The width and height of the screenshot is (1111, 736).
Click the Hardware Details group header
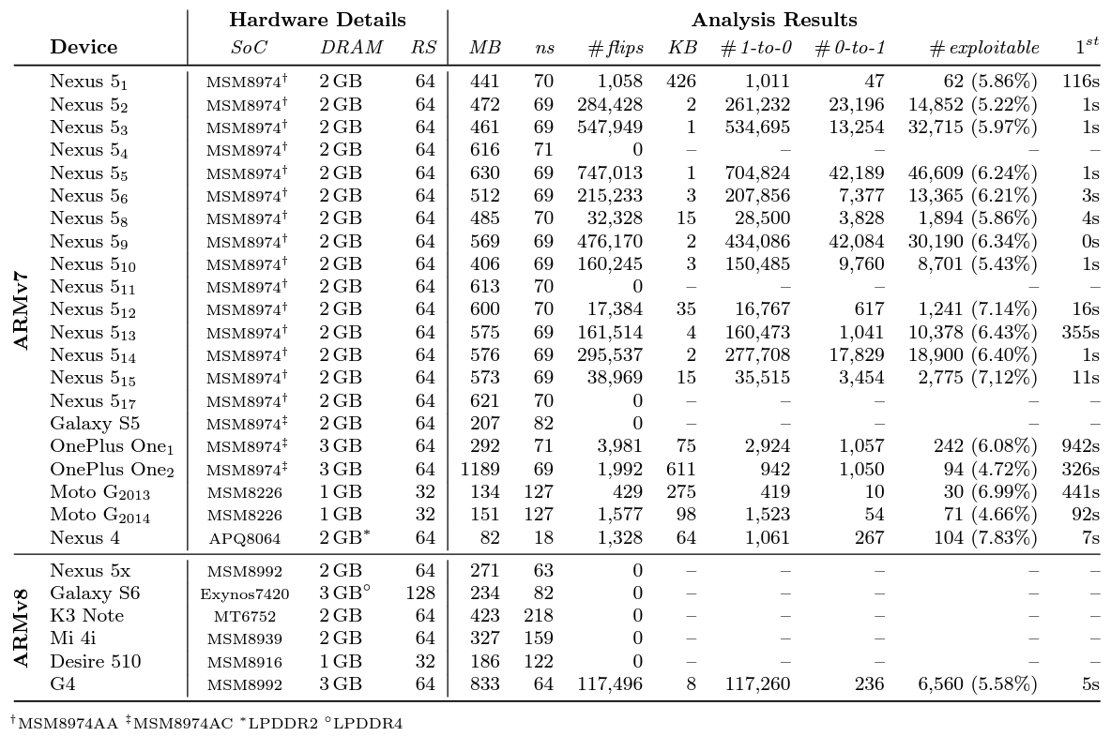pos(318,20)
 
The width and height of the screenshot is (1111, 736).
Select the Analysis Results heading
pos(774,20)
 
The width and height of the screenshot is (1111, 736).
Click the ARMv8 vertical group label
pos(23,628)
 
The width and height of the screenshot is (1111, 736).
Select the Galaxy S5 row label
pos(95,424)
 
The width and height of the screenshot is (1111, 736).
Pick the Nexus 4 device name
pos(87,537)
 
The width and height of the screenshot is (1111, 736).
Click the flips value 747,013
pos(609,173)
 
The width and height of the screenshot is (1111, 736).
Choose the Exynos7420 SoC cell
pos(244,594)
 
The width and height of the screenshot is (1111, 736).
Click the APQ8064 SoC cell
pos(244,538)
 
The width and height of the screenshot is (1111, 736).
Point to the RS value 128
pos(420,594)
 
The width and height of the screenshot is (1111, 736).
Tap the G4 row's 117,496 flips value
pos(609,684)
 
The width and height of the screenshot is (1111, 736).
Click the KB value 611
pos(679,469)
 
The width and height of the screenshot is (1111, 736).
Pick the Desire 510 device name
pos(96,662)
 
